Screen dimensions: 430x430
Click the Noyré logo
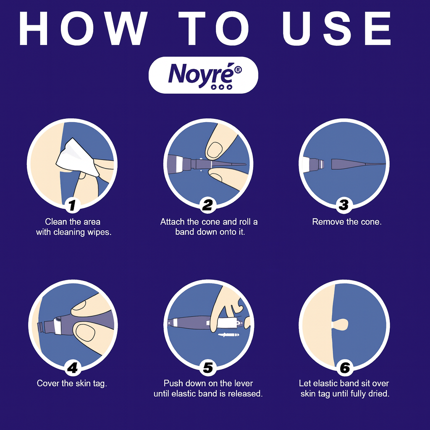(203, 75)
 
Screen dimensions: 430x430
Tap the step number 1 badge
(72, 205)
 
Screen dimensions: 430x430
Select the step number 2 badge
(207, 205)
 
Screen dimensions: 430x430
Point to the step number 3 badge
(343, 205)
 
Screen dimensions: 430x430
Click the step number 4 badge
(72, 367)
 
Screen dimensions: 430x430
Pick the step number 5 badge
(208, 367)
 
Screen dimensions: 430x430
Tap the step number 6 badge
(344, 367)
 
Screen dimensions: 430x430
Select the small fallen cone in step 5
(228, 335)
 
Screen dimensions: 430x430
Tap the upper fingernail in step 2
(215, 150)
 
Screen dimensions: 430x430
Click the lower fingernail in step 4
(85, 333)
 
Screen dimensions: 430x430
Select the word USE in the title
(337, 28)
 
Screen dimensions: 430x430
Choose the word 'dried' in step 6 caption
(379, 393)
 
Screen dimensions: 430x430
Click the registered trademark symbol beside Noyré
(238, 70)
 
